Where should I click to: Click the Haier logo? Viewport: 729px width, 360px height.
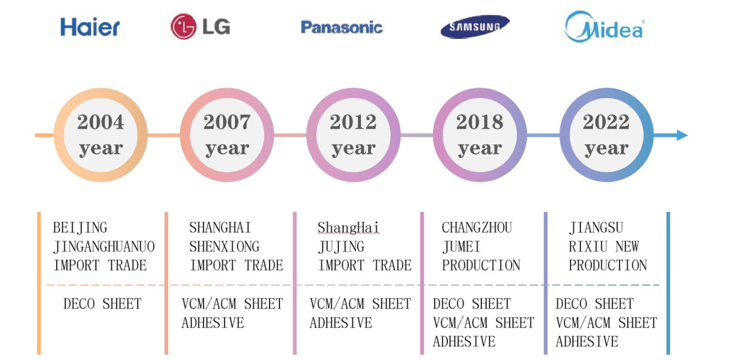click(90, 28)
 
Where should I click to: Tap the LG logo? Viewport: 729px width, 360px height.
click(200, 26)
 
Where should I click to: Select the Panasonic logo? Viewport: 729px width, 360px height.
click(342, 27)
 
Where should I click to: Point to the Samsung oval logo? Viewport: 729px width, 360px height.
click(475, 27)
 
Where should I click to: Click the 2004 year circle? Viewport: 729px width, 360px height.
click(100, 134)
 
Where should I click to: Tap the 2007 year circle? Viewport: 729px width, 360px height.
click(227, 134)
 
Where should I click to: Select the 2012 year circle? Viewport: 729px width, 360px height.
click(353, 134)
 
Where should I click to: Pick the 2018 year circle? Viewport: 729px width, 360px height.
click(480, 134)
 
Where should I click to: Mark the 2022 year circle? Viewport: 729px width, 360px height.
click(607, 134)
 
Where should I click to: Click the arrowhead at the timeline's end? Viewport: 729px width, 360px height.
click(681, 135)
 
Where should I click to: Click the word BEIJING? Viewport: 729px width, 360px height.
click(80, 228)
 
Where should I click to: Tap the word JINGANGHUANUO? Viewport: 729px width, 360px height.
click(104, 246)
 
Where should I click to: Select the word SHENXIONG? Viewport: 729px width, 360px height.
click(224, 246)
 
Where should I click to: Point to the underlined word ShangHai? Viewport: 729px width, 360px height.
click(349, 228)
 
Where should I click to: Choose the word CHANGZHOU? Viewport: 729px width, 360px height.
click(476, 228)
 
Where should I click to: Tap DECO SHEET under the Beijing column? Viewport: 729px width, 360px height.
click(102, 304)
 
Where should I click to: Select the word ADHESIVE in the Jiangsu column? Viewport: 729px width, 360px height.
click(587, 342)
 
